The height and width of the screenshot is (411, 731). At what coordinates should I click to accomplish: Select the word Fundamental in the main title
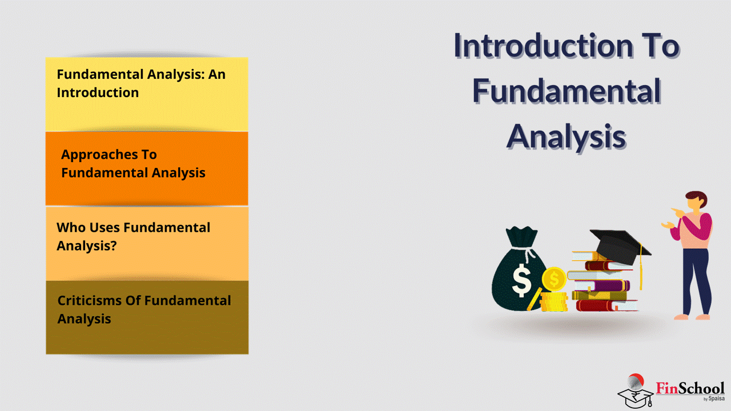coord(567,91)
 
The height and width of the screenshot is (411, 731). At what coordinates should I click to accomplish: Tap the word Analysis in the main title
coord(566,137)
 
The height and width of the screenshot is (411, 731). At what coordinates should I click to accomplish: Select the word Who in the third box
coord(71,227)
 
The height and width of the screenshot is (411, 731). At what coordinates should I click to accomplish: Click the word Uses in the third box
coord(105,227)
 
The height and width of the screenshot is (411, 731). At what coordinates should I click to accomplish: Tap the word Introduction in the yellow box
coord(98,92)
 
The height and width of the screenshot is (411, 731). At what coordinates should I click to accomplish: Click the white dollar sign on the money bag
coord(521,280)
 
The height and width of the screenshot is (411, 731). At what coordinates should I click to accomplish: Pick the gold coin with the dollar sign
coord(554,279)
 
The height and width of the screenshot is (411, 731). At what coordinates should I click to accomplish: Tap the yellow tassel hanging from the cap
coord(641,268)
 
